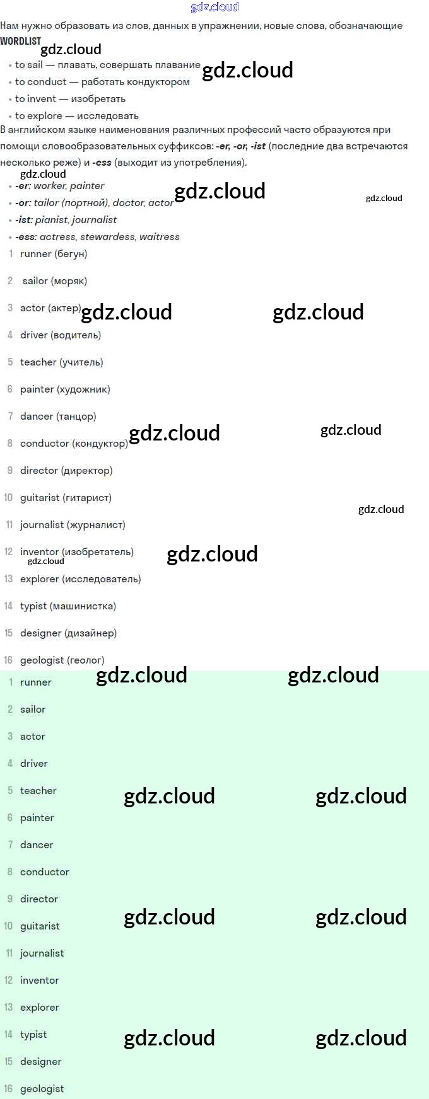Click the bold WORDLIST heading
pyautogui.click(x=21, y=41)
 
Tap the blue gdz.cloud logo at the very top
pyautogui.click(x=214, y=7)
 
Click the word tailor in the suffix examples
pyautogui.click(x=46, y=203)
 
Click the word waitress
pyautogui.click(x=160, y=237)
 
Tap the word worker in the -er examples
pyautogui.click(x=49, y=186)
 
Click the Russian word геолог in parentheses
pyautogui.click(x=86, y=660)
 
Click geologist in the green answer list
pyautogui.click(x=42, y=1089)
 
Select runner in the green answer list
pyautogui.click(x=36, y=682)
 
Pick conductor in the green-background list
pyautogui.click(x=45, y=872)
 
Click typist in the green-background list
pyautogui.click(x=33, y=1035)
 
